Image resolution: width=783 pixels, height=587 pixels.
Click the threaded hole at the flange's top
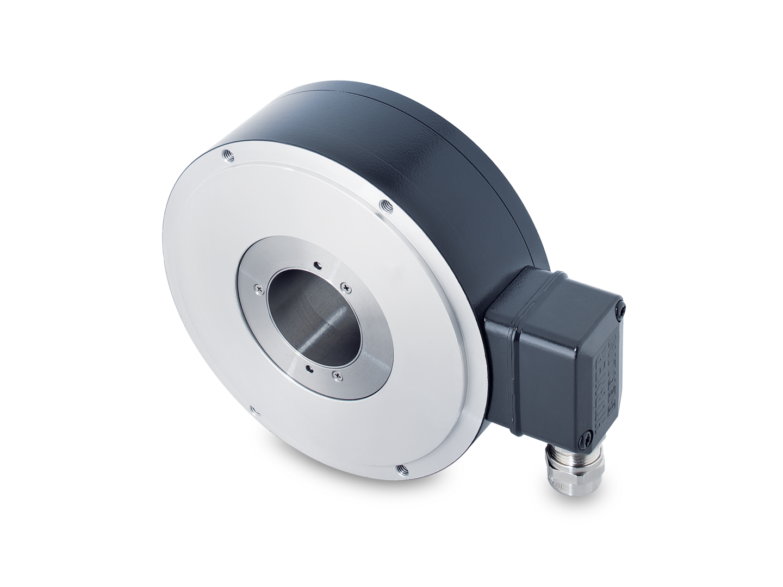point(226,155)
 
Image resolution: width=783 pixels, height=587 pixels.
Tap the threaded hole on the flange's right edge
point(386,205)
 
